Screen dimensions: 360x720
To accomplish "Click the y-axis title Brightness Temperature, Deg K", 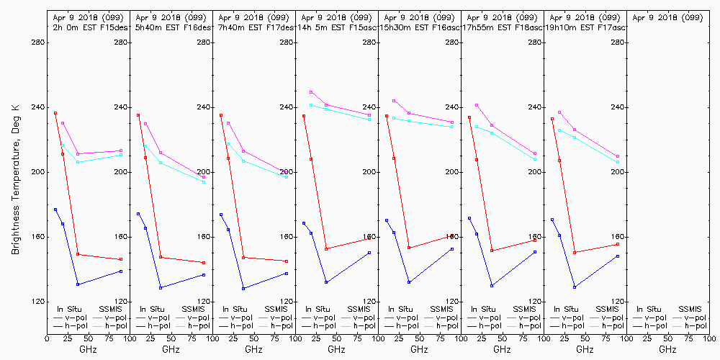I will (15, 179).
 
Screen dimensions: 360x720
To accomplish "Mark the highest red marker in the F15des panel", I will (55, 113).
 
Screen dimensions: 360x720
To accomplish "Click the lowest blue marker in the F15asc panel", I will (326, 282).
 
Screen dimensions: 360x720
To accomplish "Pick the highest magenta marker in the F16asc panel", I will (394, 101).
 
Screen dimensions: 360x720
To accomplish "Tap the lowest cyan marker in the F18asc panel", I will (535, 159).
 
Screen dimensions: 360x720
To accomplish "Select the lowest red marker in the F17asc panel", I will (575, 253).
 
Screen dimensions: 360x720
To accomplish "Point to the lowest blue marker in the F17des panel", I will (243, 288).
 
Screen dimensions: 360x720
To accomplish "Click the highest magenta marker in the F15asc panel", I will (311, 92).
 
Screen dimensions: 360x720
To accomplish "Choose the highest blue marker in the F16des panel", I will (138, 214).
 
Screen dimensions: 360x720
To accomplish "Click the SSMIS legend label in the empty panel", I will (690, 309).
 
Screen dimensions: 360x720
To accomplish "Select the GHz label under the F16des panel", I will (171, 350).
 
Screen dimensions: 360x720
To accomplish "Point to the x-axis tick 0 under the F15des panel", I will (47, 336).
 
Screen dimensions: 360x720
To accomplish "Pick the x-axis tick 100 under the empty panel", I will (708, 336).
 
